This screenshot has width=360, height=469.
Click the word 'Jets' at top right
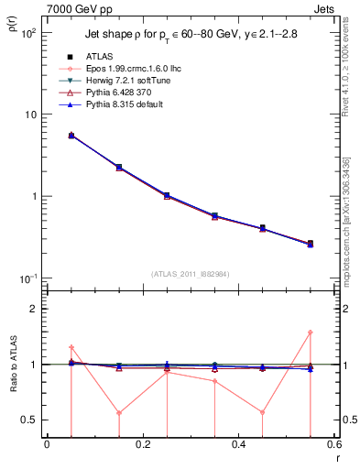(x=324, y=7)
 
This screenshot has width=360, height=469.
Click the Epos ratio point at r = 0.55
(x=310, y=333)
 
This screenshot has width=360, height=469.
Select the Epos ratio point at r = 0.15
(x=119, y=412)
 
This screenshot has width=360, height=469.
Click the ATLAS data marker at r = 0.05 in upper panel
(x=71, y=135)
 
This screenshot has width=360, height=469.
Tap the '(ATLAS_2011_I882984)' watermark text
(x=191, y=274)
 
